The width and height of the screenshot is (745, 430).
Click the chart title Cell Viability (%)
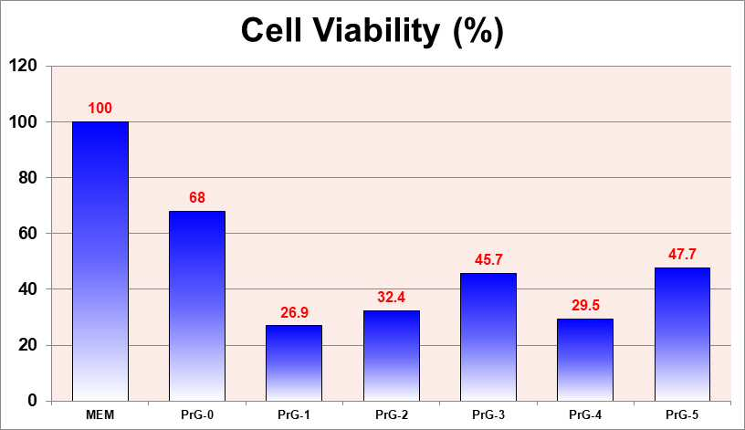tap(372, 31)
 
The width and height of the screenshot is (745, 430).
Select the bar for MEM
tap(100, 261)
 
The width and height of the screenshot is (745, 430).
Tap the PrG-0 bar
tap(197, 306)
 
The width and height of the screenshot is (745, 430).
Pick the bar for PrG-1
tap(294, 363)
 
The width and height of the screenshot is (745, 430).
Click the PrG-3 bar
tap(488, 338)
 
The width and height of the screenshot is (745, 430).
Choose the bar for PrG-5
tap(682, 334)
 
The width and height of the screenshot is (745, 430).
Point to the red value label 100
tap(100, 108)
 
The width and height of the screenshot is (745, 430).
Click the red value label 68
tap(197, 197)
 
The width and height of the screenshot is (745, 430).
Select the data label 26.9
tap(294, 312)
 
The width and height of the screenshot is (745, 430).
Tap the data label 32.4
tap(391, 297)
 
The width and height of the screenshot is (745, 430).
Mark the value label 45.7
tap(488, 259)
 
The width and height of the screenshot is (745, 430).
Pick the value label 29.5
tap(585, 305)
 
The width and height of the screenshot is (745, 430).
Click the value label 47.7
tap(682, 254)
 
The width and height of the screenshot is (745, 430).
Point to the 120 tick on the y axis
tap(23, 66)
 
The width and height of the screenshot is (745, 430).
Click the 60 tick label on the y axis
tap(27, 234)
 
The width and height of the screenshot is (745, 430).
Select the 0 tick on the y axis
tap(32, 401)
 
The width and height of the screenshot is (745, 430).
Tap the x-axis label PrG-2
tap(391, 414)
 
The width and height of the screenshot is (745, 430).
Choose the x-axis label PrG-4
tap(585, 414)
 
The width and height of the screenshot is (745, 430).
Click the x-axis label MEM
tap(100, 414)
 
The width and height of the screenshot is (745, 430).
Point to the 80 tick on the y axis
tap(27, 177)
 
